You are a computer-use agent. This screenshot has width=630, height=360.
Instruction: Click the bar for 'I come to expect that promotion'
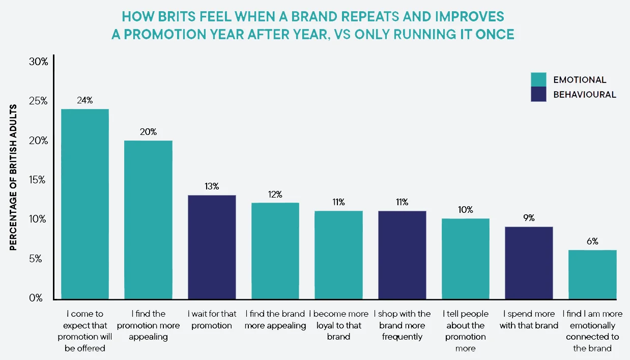click(84, 204)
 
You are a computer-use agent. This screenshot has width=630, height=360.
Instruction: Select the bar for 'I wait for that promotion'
click(212, 247)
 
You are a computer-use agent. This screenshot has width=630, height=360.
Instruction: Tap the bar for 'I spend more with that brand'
click(529, 263)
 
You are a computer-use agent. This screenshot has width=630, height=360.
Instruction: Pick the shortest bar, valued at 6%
click(592, 274)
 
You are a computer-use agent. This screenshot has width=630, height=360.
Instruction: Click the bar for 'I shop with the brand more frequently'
click(402, 255)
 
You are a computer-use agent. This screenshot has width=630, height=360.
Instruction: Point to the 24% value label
click(84, 100)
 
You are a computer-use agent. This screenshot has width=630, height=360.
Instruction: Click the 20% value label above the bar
click(148, 132)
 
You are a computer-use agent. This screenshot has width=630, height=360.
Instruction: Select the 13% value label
click(212, 186)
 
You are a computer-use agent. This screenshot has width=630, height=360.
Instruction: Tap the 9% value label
click(529, 218)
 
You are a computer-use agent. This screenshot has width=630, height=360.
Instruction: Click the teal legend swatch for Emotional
click(538, 80)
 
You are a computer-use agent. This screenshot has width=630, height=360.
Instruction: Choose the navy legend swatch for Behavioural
click(538, 94)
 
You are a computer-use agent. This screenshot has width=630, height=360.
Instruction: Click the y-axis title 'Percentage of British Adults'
click(14, 177)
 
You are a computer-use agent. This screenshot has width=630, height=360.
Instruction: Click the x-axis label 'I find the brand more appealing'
click(275, 319)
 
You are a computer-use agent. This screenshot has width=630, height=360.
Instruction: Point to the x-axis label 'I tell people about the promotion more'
click(465, 331)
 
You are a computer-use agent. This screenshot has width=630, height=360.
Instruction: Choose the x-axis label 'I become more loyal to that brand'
click(338, 325)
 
